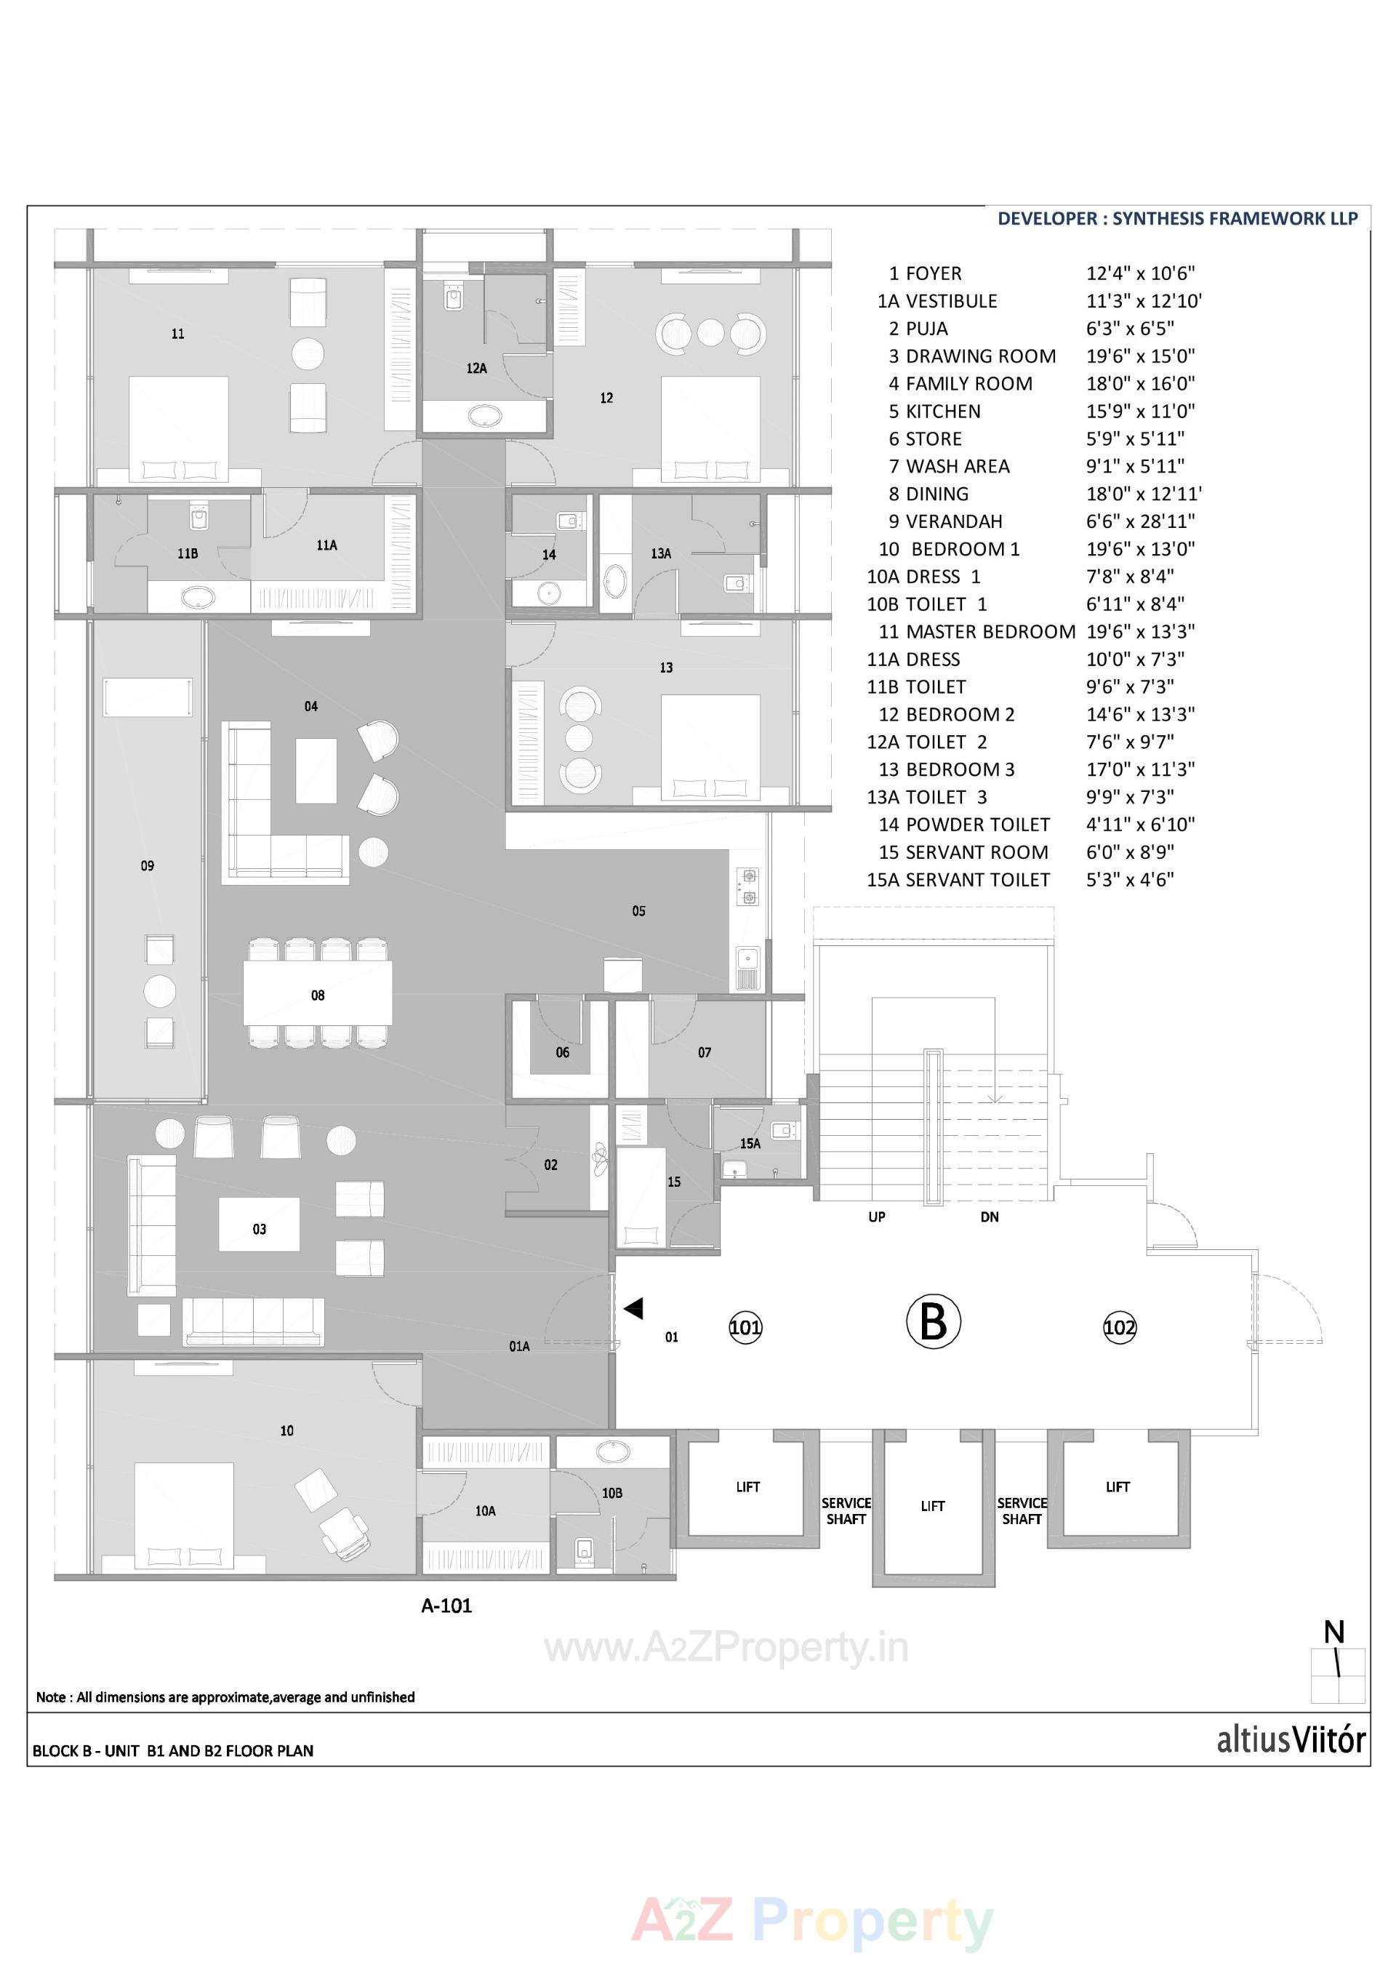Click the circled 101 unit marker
(745, 1327)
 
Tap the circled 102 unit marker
(1119, 1327)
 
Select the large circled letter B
(934, 1321)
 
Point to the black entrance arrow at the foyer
(634, 1308)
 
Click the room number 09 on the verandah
(147, 866)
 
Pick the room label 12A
(476, 368)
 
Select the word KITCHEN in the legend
(943, 411)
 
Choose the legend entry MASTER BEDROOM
(990, 631)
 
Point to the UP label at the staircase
(876, 1217)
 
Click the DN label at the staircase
(989, 1217)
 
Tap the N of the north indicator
(1334, 1632)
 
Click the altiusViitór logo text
(1290, 1740)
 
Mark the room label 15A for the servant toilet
(750, 1143)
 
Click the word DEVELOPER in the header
(1047, 218)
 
